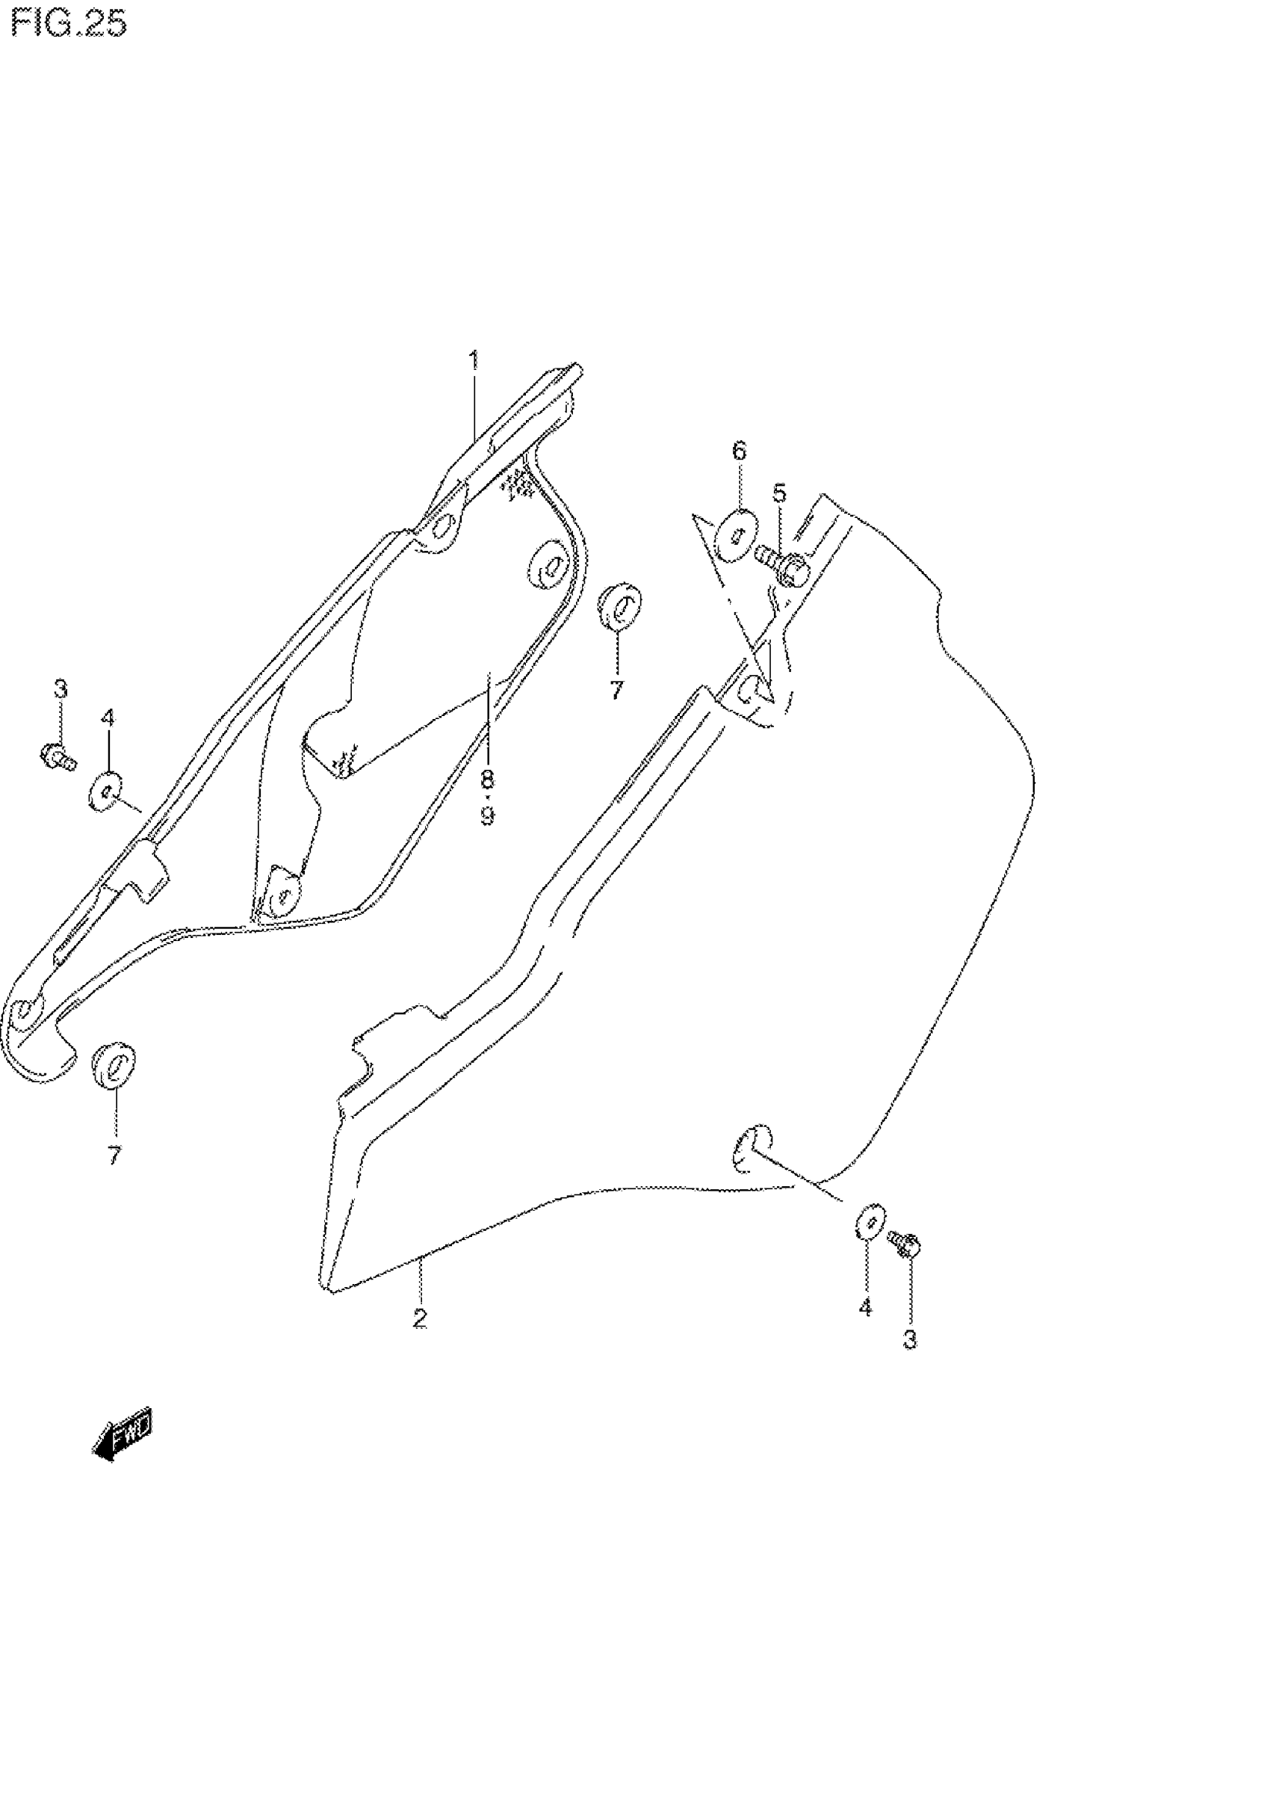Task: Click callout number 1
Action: pos(473,361)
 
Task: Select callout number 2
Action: pos(421,1318)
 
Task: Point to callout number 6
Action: pos(739,451)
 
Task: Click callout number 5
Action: pos(779,494)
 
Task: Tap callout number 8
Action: pos(487,779)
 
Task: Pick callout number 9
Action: pos(487,816)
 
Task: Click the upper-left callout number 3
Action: pos(61,689)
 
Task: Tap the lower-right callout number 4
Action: pos(865,1307)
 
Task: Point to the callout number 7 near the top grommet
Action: pos(616,691)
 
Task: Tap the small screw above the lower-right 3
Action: pos(905,1244)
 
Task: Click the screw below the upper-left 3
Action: pos(58,756)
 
